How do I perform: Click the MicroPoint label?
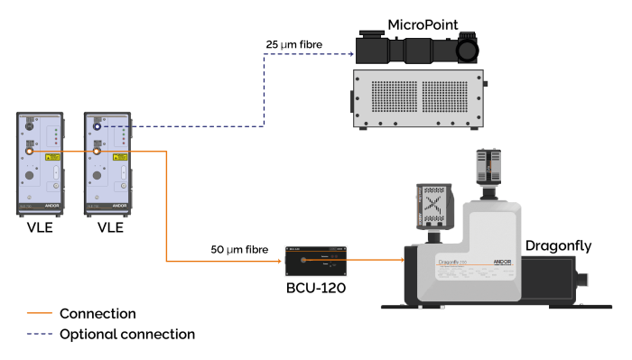tap(423, 25)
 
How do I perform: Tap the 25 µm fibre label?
tap(293, 44)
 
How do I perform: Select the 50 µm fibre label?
tap(239, 250)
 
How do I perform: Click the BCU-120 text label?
tap(316, 288)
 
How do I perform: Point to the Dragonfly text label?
tap(559, 246)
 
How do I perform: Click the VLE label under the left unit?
tap(40, 227)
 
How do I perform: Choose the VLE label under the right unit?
tap(110, 227)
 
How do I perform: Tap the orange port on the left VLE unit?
tap(29, 152)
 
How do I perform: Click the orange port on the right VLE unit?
tap(97, 152)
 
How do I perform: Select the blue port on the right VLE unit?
tap(97, 126)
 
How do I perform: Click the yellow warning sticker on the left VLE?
tap(52, 157)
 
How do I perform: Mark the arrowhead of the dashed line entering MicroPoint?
tap(352, 54)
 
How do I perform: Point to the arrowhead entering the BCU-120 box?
tap(279, 262)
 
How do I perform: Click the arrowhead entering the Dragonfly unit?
tap(402, 260)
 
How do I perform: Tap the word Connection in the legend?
tap(98, 314)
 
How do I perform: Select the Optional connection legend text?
tap(127, 334)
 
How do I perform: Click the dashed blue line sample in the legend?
tap(40, 334)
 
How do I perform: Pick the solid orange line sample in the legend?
tap(40, 313)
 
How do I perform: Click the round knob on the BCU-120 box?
tap(303, 260)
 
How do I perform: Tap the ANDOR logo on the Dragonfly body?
tap(502, 262)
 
